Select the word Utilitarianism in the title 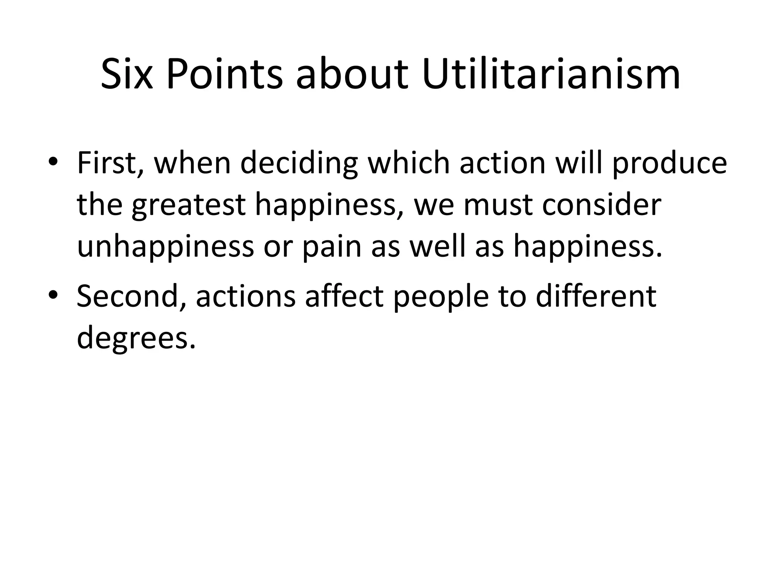(551, 74)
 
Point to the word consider (602, 205)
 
